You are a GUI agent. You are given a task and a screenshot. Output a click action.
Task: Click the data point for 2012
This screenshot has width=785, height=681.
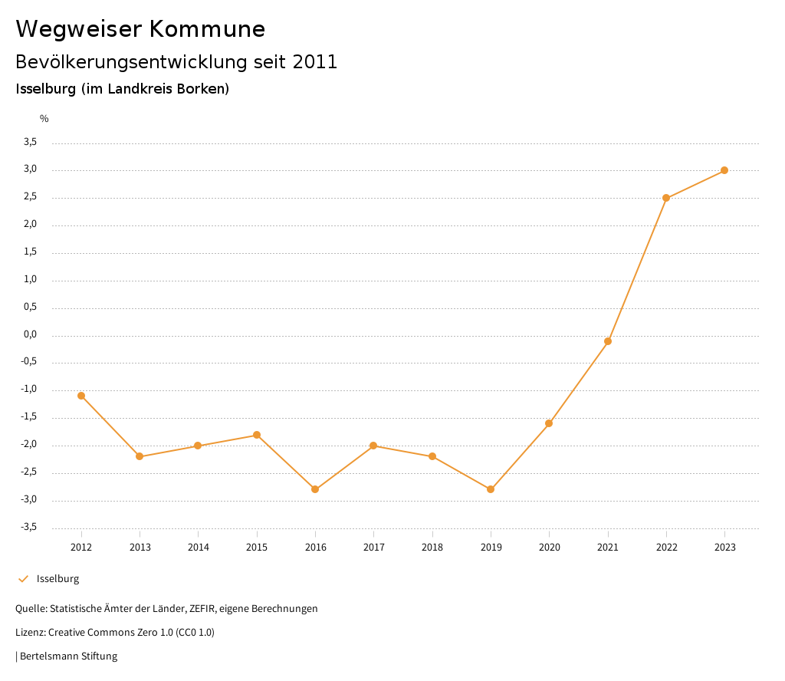tap(81, 396)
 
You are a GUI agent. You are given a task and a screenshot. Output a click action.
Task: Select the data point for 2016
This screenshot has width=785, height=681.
tap(315, 489)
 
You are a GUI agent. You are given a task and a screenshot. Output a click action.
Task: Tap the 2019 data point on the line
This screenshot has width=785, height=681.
tap(491, 489)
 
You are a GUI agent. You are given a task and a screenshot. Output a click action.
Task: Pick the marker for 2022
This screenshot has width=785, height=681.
tap(666, 198)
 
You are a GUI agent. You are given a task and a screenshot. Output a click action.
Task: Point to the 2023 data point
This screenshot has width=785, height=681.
tap(724, 170)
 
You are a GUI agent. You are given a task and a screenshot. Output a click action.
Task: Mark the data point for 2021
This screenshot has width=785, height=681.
tap(608, 341)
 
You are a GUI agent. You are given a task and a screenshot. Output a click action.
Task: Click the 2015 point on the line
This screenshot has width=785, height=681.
tap(257, 435)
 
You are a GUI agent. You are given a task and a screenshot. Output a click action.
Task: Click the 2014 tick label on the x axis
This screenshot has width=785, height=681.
tap(198, 547)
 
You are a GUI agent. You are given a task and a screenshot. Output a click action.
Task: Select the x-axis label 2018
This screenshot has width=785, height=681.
tap(432, 547)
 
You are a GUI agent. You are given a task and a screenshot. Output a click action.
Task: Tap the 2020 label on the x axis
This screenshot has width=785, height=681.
tap(550, 547)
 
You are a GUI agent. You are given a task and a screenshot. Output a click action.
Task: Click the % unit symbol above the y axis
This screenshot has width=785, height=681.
tap(44, 119)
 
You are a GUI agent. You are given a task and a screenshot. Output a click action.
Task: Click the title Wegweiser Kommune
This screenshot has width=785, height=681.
tap(140, 29)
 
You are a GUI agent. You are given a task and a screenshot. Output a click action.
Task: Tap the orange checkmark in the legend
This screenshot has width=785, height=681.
tap(23, 579)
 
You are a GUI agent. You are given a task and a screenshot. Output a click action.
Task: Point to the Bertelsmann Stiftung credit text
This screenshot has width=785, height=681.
tap(68, 656)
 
